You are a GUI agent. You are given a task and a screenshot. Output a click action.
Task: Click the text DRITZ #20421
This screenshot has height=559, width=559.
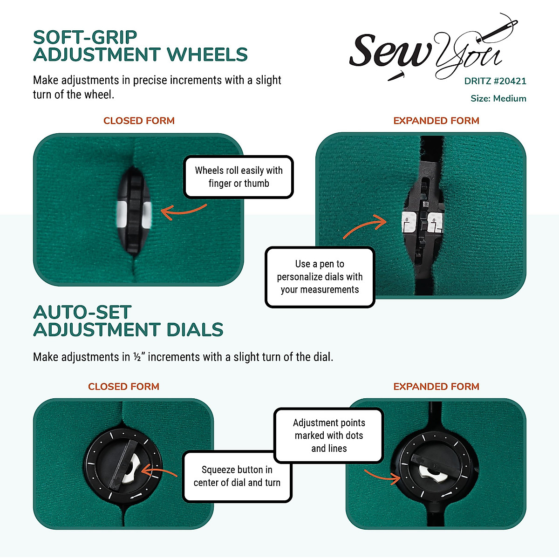click(x=495, y=81)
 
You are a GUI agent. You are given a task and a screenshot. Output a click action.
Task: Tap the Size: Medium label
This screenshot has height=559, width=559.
click(x=498, y=99)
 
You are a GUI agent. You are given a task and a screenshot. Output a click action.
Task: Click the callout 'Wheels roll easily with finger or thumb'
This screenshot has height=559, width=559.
click(x=239, y=177)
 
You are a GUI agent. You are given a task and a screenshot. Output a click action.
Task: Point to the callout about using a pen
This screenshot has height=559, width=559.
click(x=320, y=277)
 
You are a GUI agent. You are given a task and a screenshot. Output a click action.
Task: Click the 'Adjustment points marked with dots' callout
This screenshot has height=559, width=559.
click(x=329, y=436)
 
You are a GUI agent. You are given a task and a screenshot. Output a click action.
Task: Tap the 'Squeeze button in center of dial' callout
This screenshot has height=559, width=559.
click(x=237, y=476)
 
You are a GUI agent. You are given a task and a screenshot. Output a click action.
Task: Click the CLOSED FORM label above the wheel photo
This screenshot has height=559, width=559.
click(x=139, y=121)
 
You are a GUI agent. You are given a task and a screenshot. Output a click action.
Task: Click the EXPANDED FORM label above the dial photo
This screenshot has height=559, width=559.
click(x=436, y=387)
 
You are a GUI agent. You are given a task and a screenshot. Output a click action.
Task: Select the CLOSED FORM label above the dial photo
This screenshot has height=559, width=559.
click(x=123, y=387)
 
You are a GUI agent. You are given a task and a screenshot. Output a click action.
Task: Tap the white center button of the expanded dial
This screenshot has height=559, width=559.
click(x=431, y=474)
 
